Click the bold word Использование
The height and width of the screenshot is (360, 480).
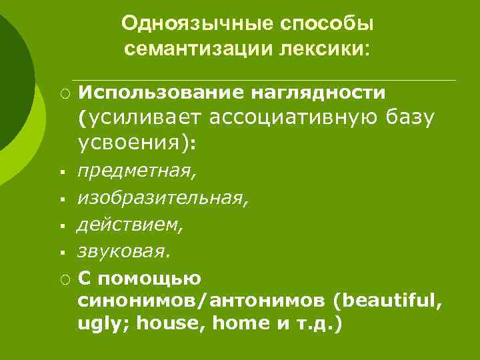point(162,91)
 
